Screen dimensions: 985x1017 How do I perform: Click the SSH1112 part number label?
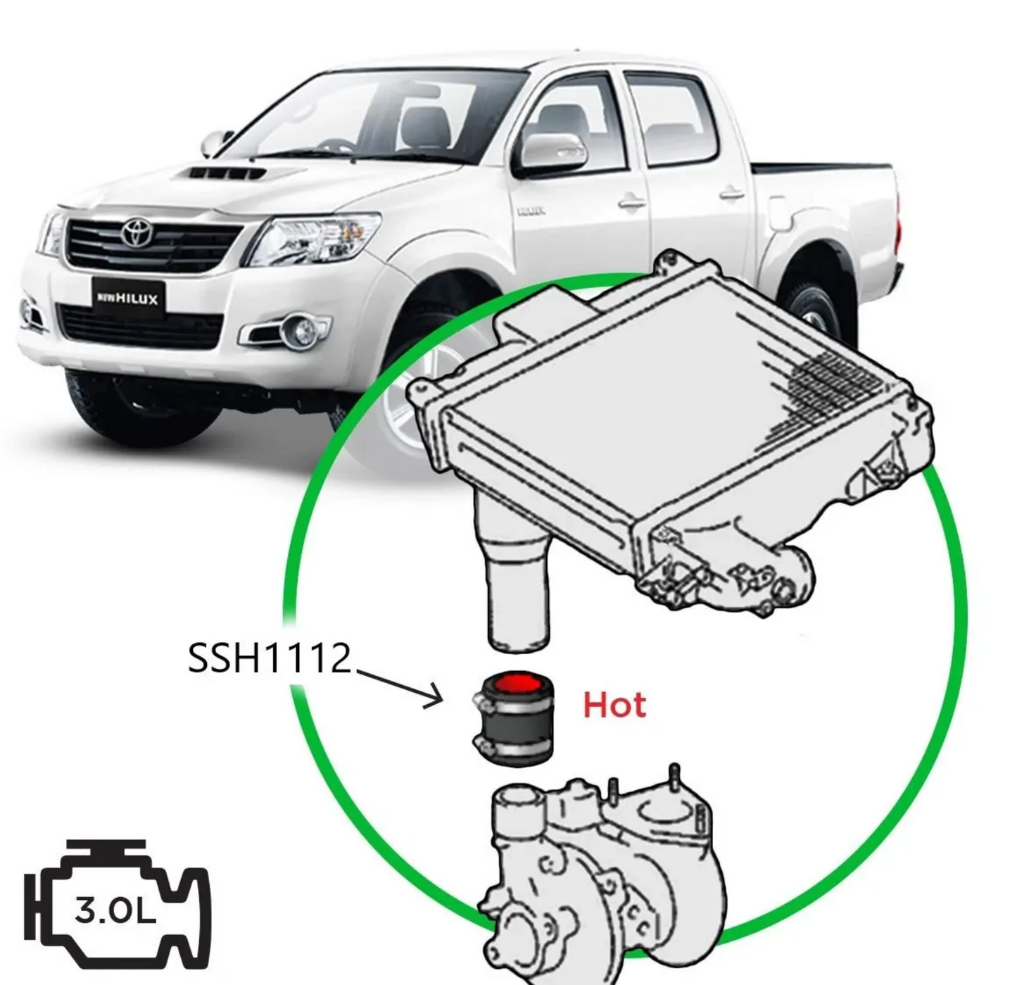click(x=270, y=660)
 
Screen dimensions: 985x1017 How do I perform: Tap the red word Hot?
click(x=614, y=705)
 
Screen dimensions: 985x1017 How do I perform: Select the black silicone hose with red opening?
click(x=513, y=719)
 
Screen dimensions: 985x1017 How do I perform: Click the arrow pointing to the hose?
click(x=401, y=686)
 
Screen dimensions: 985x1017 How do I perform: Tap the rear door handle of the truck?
click(x=732, y=192)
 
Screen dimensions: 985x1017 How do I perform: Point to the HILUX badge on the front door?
click(x=531, y=211)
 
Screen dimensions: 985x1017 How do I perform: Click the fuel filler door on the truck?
click(x=779, y=212)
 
